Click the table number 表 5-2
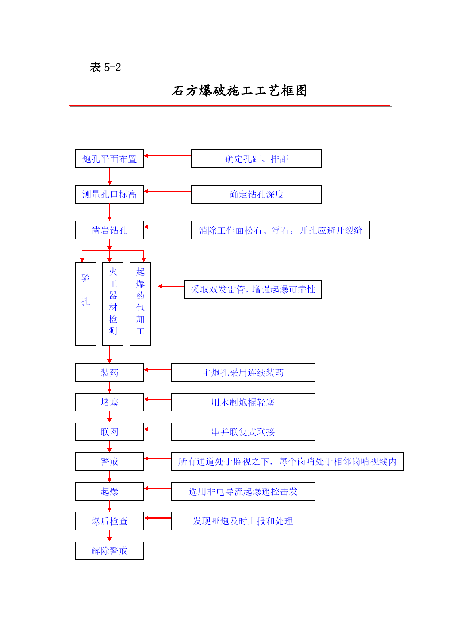pyautogui.click(x=105, y=67)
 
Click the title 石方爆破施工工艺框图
pyautogui.click(x=239, y=91)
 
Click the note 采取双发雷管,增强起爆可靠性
pyautogui.click(x=253, y=289)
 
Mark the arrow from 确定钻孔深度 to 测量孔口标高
pyautogui.click(x=168, y=191)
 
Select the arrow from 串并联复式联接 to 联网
pyautogui.click(x=158, y=429)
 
